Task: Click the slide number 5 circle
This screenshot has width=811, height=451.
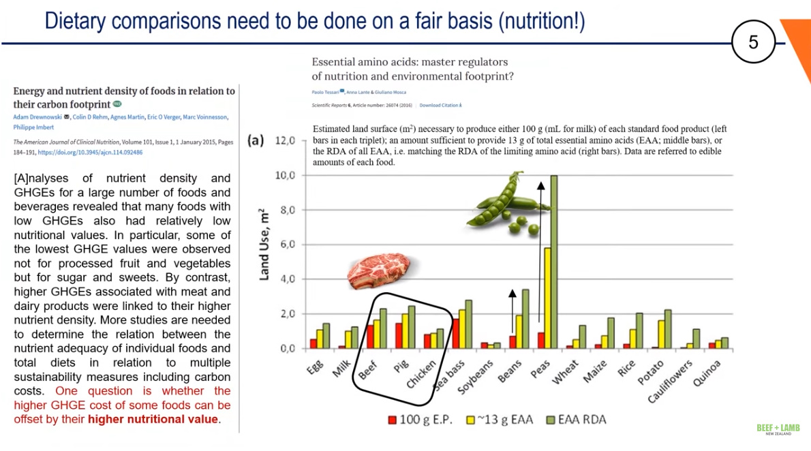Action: (x=753, y=42)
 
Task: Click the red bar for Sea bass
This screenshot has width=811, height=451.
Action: (x=455, y=333)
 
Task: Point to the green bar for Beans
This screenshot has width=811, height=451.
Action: (x=525, y=319)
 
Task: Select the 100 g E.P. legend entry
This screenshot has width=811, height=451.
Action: (x=420, y=420)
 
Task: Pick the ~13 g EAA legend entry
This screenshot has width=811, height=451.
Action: (x=500, y=420)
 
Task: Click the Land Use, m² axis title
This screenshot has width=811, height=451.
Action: (x=265, y=245)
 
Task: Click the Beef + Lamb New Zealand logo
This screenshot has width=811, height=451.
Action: (x=778, y=430)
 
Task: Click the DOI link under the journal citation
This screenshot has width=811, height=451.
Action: (x=90, y=153)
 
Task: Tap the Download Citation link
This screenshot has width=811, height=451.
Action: (x=440, y=106)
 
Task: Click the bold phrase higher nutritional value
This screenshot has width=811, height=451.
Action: (x=153, y=419)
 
